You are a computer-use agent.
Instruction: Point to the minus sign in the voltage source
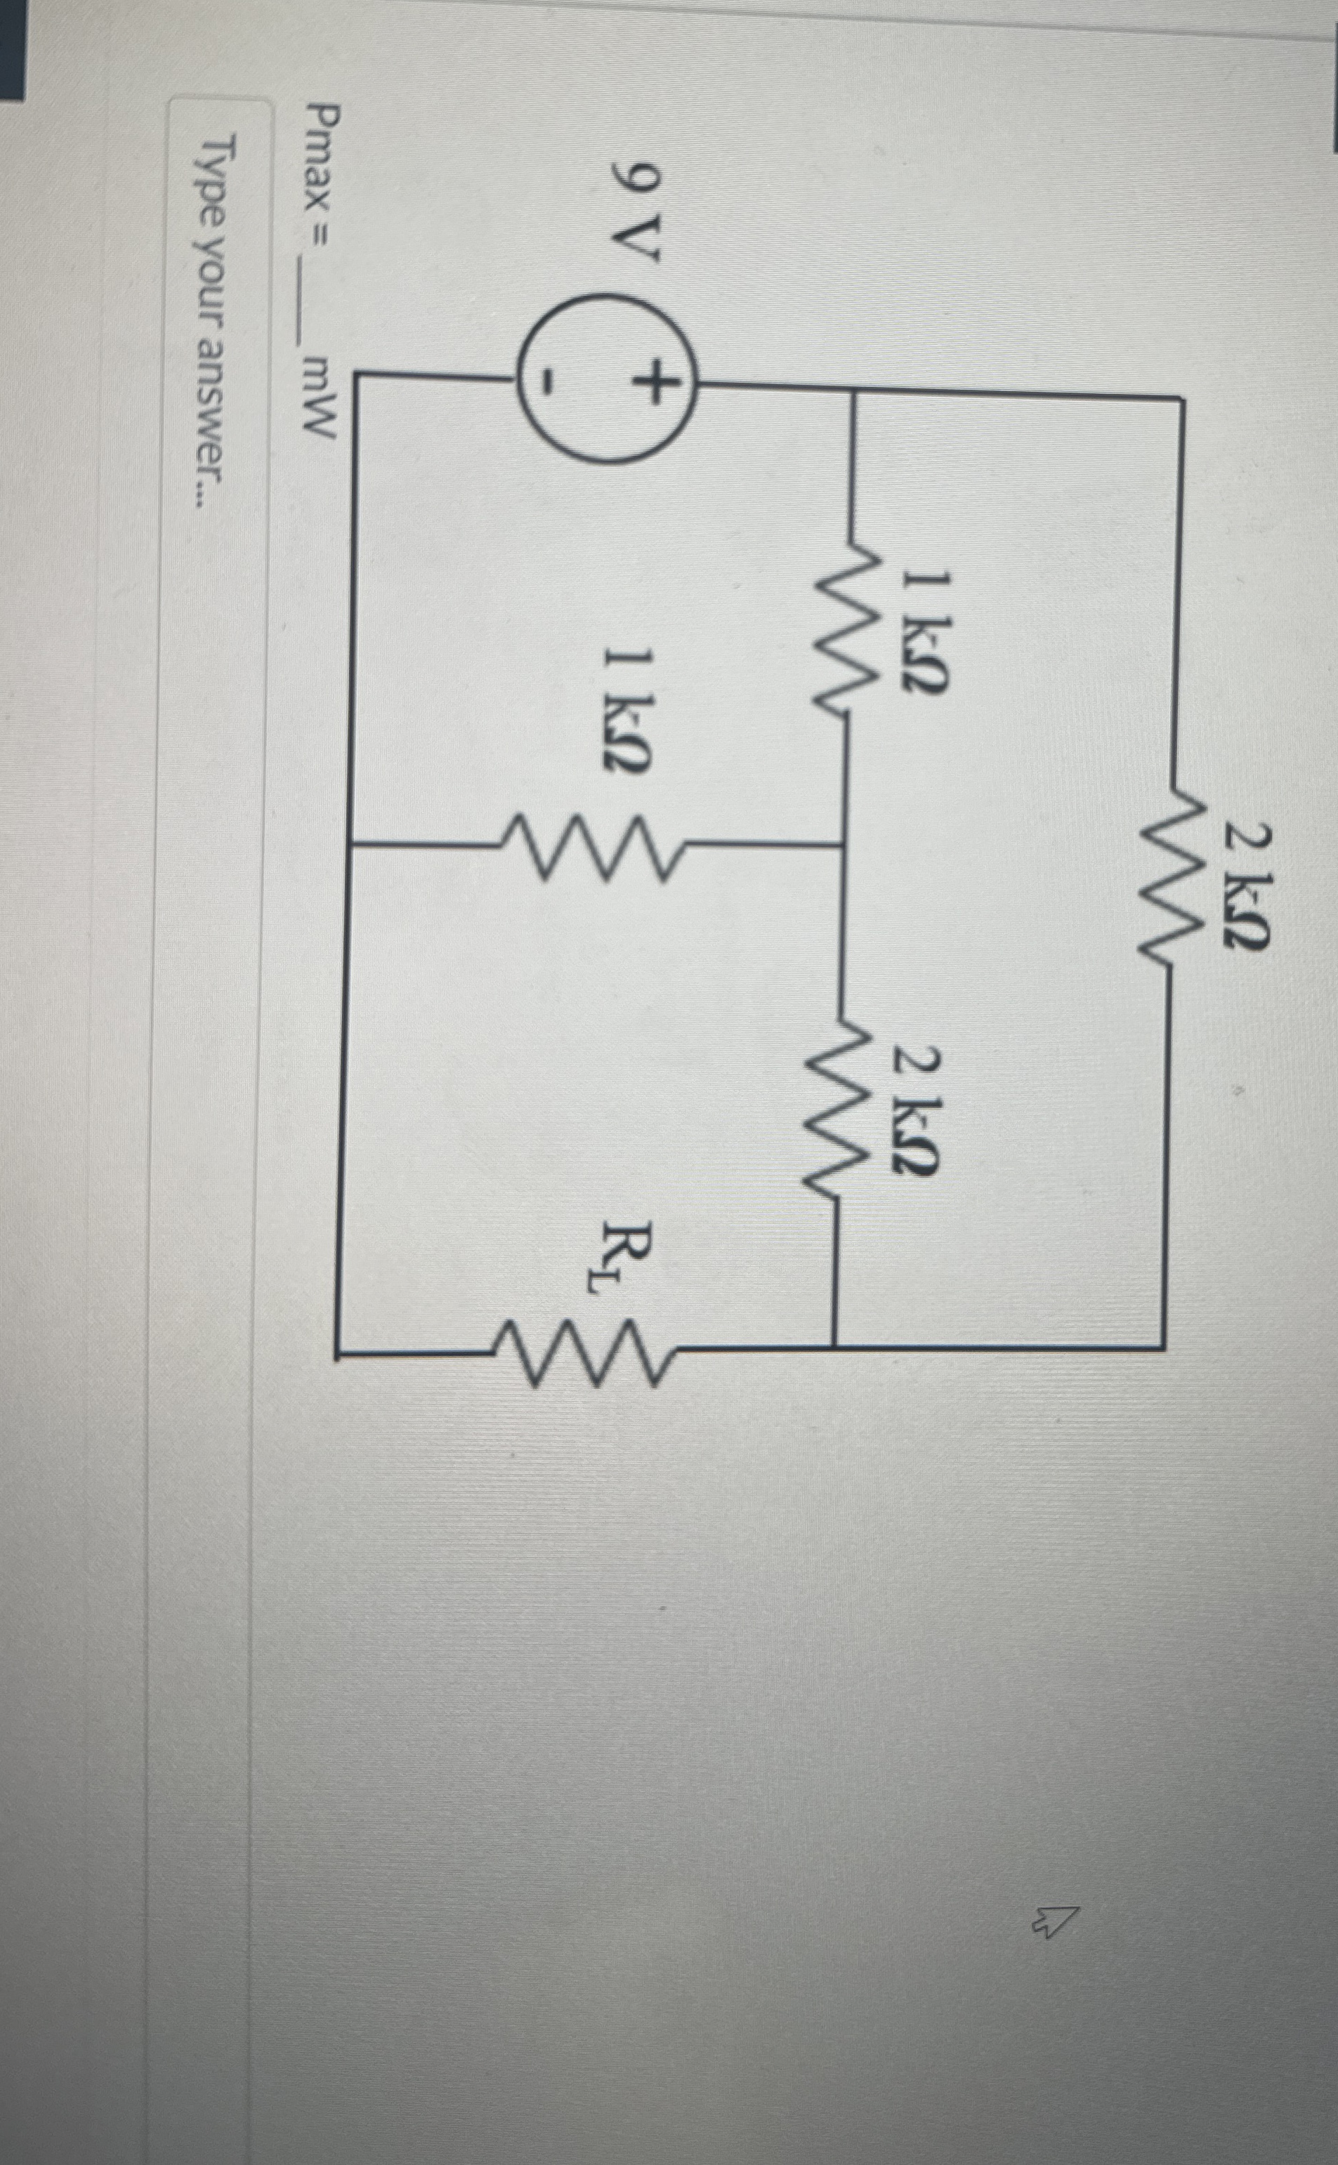coord(551,382)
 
